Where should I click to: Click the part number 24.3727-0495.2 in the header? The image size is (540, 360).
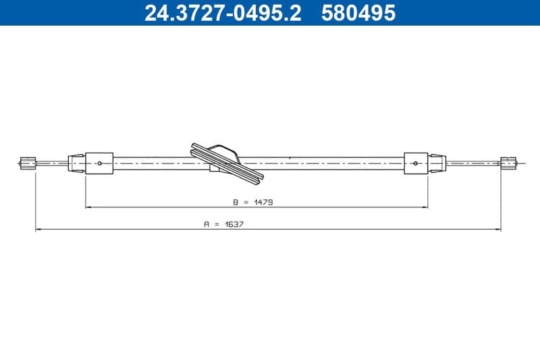223,13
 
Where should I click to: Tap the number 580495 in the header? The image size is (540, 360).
358,13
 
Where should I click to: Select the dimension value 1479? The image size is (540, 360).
263,202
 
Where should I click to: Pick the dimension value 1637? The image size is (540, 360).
234,224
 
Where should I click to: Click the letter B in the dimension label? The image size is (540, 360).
236,202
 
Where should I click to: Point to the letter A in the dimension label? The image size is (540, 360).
207,224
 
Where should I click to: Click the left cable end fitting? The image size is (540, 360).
28,163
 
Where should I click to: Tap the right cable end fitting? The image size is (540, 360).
508,163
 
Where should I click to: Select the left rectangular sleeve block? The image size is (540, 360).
99,163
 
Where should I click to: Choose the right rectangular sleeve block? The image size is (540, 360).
416,163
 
